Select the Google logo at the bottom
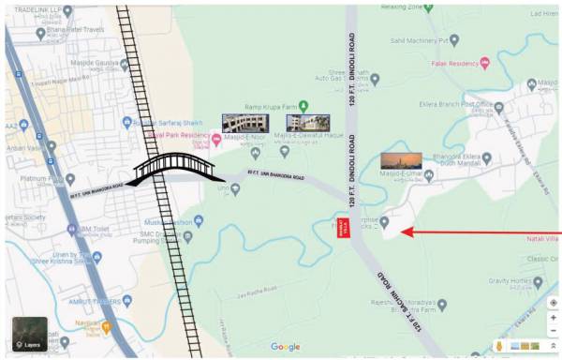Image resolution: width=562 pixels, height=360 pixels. (286, 347)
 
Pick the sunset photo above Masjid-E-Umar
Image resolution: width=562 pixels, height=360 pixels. (401, 160)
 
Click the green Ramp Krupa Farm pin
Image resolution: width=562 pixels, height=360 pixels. (303, 105)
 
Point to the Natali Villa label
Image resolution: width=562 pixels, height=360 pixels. (543, 239)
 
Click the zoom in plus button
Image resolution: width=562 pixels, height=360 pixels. (553, 318)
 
